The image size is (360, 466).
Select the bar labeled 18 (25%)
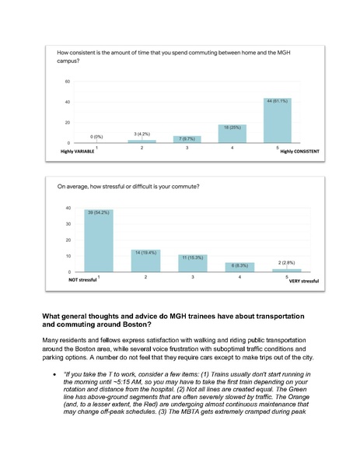click(232, 134)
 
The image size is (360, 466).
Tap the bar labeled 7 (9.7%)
click(187, 139)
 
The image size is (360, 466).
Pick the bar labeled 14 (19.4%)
click(145, 261)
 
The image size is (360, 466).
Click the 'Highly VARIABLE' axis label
click(79, 152)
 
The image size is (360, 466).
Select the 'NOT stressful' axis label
click(81, 279)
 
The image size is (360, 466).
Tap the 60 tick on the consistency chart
click(67, 82)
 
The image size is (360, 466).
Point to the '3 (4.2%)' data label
click(141, 134)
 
